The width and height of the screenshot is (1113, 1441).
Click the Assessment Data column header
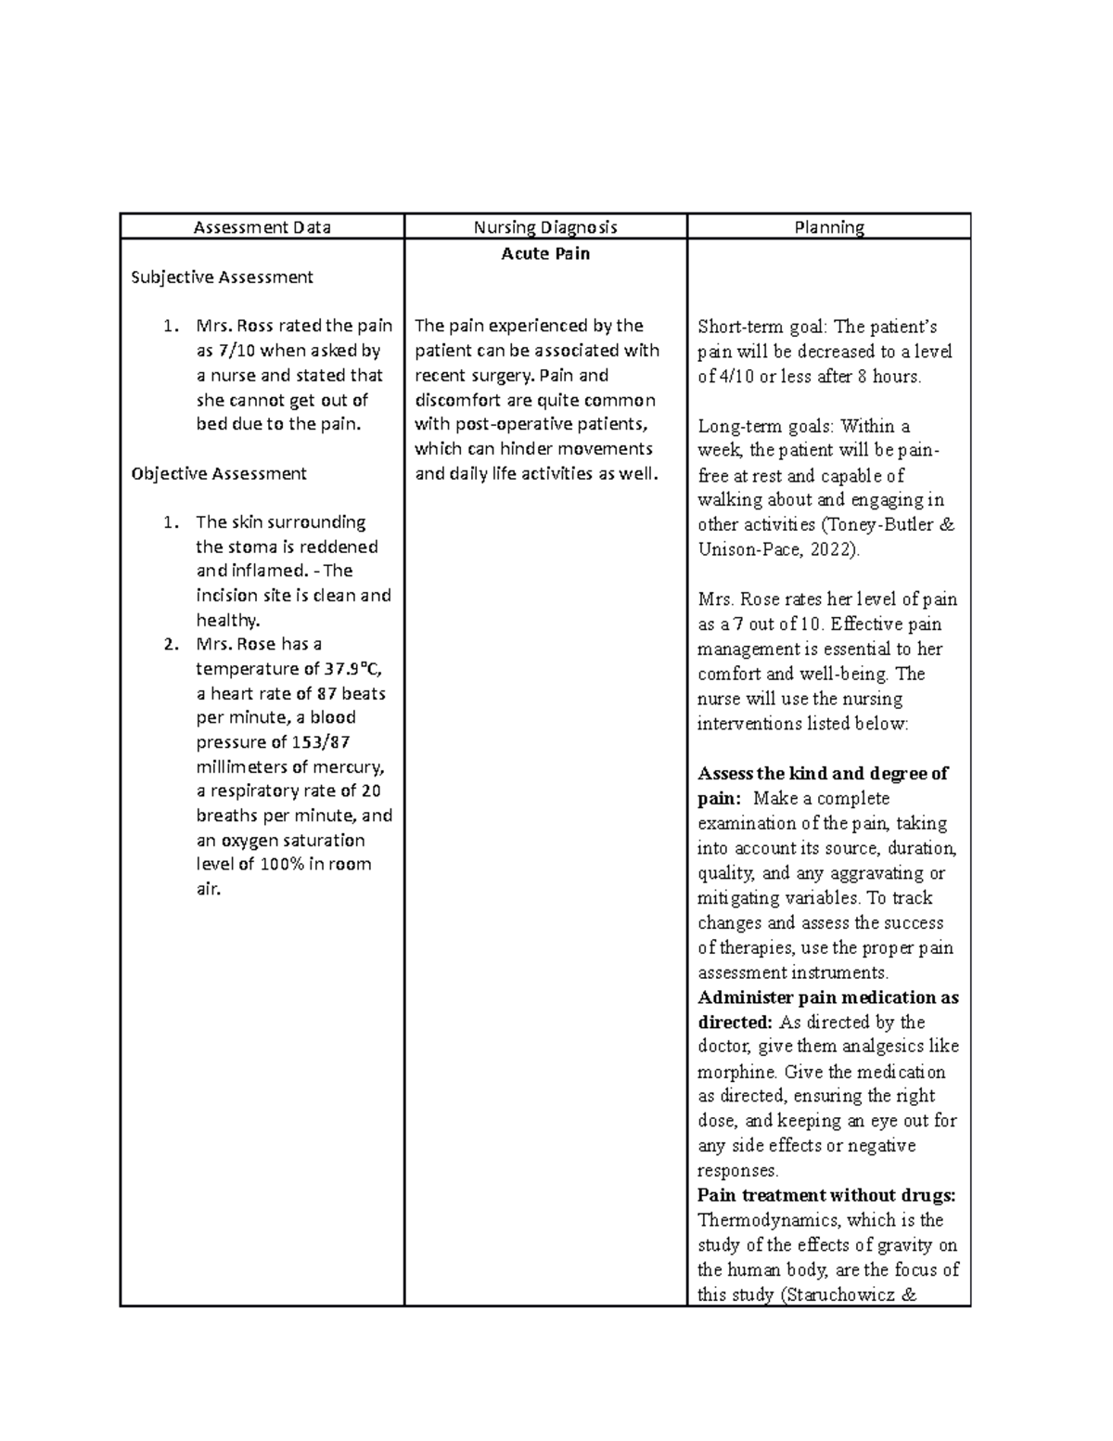(262, 226)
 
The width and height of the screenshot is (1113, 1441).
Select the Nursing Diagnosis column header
(545, 226)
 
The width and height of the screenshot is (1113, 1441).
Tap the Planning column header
(829, 226)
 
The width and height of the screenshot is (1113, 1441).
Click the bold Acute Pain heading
(545, 253)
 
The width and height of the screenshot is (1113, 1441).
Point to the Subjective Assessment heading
(222, 277)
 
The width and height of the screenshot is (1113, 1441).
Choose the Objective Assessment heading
(219, 473)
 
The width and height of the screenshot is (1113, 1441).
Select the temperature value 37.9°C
(353, 669)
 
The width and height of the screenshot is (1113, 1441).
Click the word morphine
(738, 1072)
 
